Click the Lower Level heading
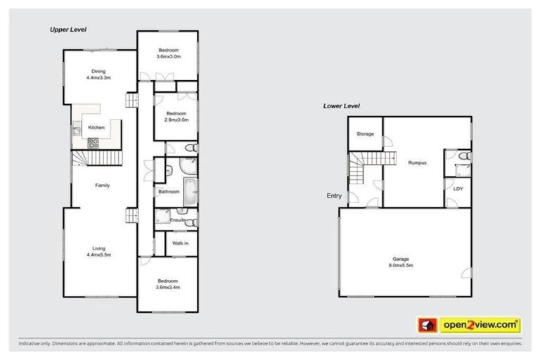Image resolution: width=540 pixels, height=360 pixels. (341, 105)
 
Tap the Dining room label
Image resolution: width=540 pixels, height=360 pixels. (98, 74)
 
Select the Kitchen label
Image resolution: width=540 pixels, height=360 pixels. (96, 127)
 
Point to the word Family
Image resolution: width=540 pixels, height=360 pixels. (103, 186)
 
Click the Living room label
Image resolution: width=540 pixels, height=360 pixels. (99, 250)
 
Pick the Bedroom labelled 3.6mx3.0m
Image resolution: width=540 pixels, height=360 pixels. (169, 53)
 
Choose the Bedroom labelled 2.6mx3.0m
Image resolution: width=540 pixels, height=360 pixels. (176, 117)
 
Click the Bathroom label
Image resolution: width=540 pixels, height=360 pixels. (169, 191)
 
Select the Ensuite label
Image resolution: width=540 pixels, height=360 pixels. (177, 220)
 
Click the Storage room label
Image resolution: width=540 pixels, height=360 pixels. (364, 134)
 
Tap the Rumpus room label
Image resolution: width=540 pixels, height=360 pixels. (418, 162)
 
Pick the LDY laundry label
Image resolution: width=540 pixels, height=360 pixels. (457, 188)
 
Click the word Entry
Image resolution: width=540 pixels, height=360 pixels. (334, 196)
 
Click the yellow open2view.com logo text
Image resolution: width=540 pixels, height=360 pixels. (480, 325)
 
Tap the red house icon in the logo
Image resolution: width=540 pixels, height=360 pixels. (426, 325)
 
